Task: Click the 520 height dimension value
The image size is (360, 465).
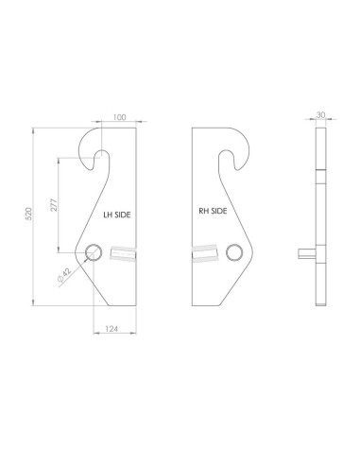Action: click(28, 214)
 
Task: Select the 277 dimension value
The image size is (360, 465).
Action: click(54, 205)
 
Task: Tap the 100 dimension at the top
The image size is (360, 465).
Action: click(119, 117)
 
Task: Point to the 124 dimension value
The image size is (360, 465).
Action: click(111, 329)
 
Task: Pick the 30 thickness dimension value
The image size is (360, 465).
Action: click(320, 115)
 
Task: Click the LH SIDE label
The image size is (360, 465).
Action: click(117, 215)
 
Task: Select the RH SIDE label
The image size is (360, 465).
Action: click(213, 211)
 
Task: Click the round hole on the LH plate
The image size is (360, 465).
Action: click(94, 252)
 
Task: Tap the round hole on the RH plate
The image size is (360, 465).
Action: click(234, 252)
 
